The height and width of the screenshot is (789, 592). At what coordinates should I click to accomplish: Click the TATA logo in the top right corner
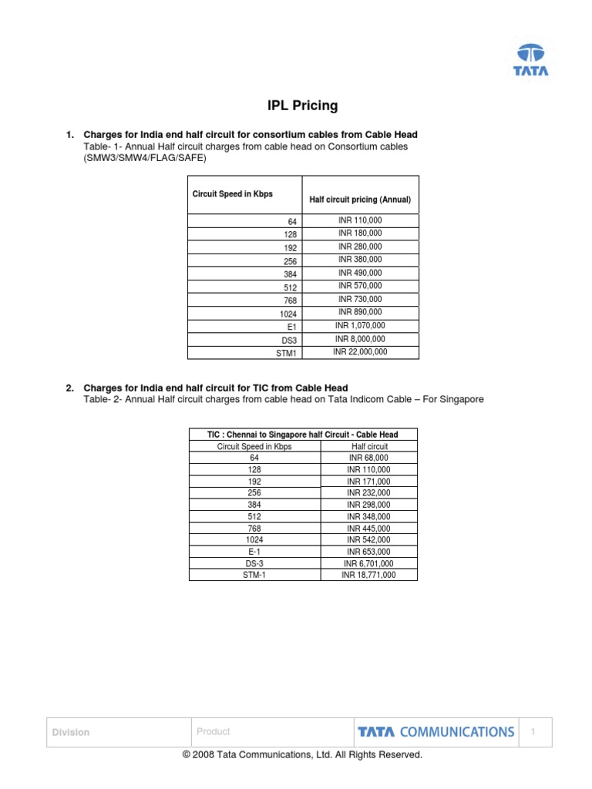531,60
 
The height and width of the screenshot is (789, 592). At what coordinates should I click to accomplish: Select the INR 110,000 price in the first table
360,220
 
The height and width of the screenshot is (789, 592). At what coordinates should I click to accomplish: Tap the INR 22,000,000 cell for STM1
360,352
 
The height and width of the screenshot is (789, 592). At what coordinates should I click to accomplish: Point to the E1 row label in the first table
291,327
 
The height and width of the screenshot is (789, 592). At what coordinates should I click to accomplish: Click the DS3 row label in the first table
289,340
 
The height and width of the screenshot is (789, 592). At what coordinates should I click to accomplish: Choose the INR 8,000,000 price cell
360,339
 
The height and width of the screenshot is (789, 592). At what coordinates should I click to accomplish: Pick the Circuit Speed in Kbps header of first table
232,194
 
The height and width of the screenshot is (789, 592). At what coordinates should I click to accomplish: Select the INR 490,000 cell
360,273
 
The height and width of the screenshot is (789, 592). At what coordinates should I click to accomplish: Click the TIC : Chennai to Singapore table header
303,435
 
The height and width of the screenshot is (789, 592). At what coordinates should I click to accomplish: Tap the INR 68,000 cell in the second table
369,458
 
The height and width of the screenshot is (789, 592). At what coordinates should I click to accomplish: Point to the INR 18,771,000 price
369,575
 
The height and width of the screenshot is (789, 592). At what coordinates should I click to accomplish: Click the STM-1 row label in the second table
254,575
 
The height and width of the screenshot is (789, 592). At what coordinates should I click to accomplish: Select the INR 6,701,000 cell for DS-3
369,563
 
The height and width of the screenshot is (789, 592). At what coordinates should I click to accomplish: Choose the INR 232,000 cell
369,492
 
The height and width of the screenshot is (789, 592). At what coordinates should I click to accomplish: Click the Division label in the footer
70,733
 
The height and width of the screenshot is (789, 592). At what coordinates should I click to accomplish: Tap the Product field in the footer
214,732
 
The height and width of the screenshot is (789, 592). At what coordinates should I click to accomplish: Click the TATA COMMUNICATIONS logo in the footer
436,732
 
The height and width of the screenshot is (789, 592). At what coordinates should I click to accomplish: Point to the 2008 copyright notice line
302,755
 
